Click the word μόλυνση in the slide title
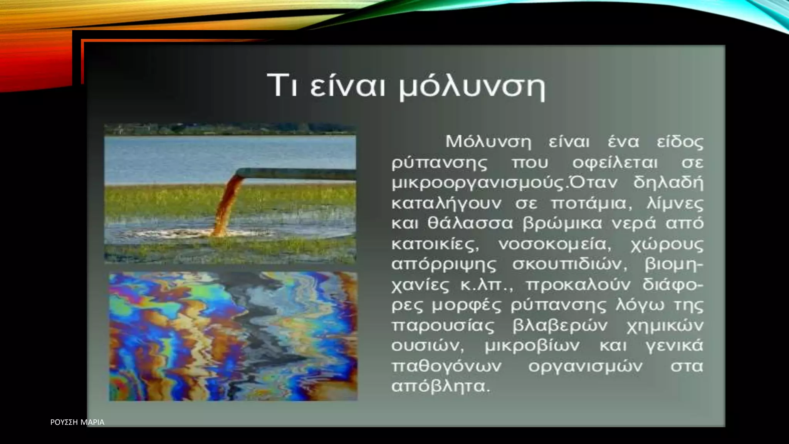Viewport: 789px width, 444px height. pos(472,87)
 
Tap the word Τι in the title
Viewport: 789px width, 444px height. pos(282,85)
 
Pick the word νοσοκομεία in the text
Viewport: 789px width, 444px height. pos(554,244)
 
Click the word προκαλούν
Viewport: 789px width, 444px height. pos(578,285)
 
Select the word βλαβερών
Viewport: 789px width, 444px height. pos(560,326)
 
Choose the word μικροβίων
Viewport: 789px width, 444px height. pos(532,346)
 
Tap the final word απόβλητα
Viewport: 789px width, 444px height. pos(440,386)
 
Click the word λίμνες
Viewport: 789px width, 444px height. pos(675,203)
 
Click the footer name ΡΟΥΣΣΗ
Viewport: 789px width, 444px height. pos(64,422)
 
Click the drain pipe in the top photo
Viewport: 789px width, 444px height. pos(300,174)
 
